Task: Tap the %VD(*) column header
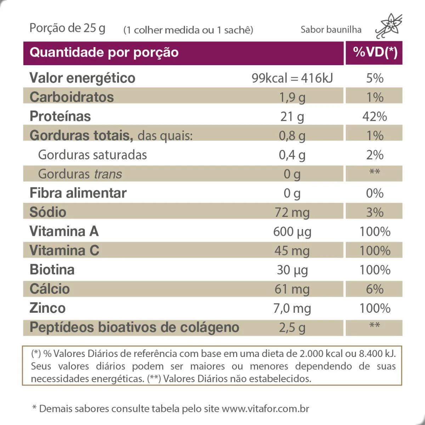(x=375, y=52)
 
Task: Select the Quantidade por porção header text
(x=104, y=52)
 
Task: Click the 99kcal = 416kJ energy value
(x=292, y=78)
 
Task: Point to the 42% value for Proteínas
(x=375, y=117)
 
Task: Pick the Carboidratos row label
(x=72, y=97)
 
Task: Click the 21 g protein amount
(x=292, y=117)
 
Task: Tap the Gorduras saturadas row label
(x=92, y=155)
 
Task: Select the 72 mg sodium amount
(x=292, y=212)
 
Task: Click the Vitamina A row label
(x=64, y=231)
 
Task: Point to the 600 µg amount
(x=292, y=232)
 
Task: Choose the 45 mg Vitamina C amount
(x=292, y=251)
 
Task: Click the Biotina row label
(x=52, y=270)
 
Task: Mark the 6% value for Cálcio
(x=375, y=289)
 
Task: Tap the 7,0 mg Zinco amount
(x=292, y=308)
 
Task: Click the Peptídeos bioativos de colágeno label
(x=135, y=327)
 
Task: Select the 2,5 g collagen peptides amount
(x=292, y=328)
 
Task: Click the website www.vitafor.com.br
(x=265, y=409)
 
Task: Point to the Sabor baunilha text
(x=331, y=29)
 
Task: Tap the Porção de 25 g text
(x=67, y=28)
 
